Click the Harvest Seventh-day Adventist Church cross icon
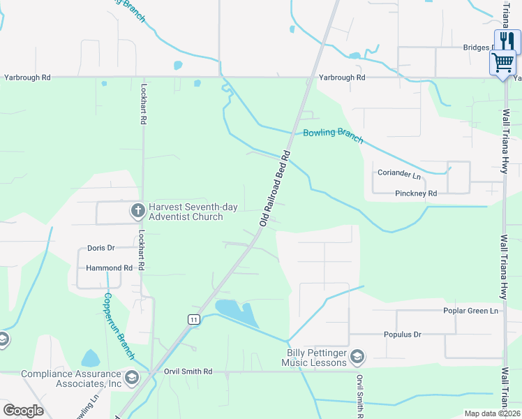tap(137, 209)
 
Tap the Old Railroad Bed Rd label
tap(274, 186)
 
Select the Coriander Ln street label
tap(399, 173)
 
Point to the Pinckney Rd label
tap(415, 193)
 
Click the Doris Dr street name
tap(100, 248)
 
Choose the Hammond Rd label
tap(109, 267)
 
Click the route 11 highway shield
tap(194, 319)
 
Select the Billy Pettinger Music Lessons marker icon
tap(357, 357)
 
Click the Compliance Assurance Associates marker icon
tap(131, 378)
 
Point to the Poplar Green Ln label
tap(472, 311)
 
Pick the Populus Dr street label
tap(403, 335)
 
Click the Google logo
tap(23, 411)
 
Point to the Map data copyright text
tap(492, 413)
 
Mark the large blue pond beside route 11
tap(237, 313)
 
